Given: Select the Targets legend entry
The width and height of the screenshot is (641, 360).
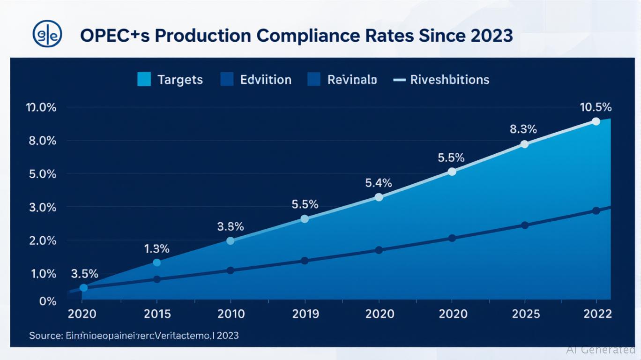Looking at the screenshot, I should coord(170,80).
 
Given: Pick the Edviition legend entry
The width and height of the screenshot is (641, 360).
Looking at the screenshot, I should coord(256,80).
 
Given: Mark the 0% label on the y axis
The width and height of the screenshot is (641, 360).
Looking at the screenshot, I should coord(48,301).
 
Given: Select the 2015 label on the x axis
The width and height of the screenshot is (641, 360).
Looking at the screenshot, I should coord(157,314).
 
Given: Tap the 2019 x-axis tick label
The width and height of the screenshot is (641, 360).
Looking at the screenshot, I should coord(305,314).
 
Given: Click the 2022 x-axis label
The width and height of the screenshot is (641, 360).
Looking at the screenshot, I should coord(596,314).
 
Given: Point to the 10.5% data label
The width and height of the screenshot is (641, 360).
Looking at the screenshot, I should coord(596,107).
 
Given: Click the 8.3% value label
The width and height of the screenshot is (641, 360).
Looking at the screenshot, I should coord(523,129).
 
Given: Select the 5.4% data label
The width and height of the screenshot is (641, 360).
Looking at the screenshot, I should coord(378,183).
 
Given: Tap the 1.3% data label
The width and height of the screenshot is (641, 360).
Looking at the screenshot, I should coord(157,249).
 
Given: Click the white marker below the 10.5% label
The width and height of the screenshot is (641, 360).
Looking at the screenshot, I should coord(596,121).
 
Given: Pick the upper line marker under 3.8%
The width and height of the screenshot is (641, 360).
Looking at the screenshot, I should coord(230,241).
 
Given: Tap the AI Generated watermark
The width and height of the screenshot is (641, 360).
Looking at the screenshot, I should coord(600,349).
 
